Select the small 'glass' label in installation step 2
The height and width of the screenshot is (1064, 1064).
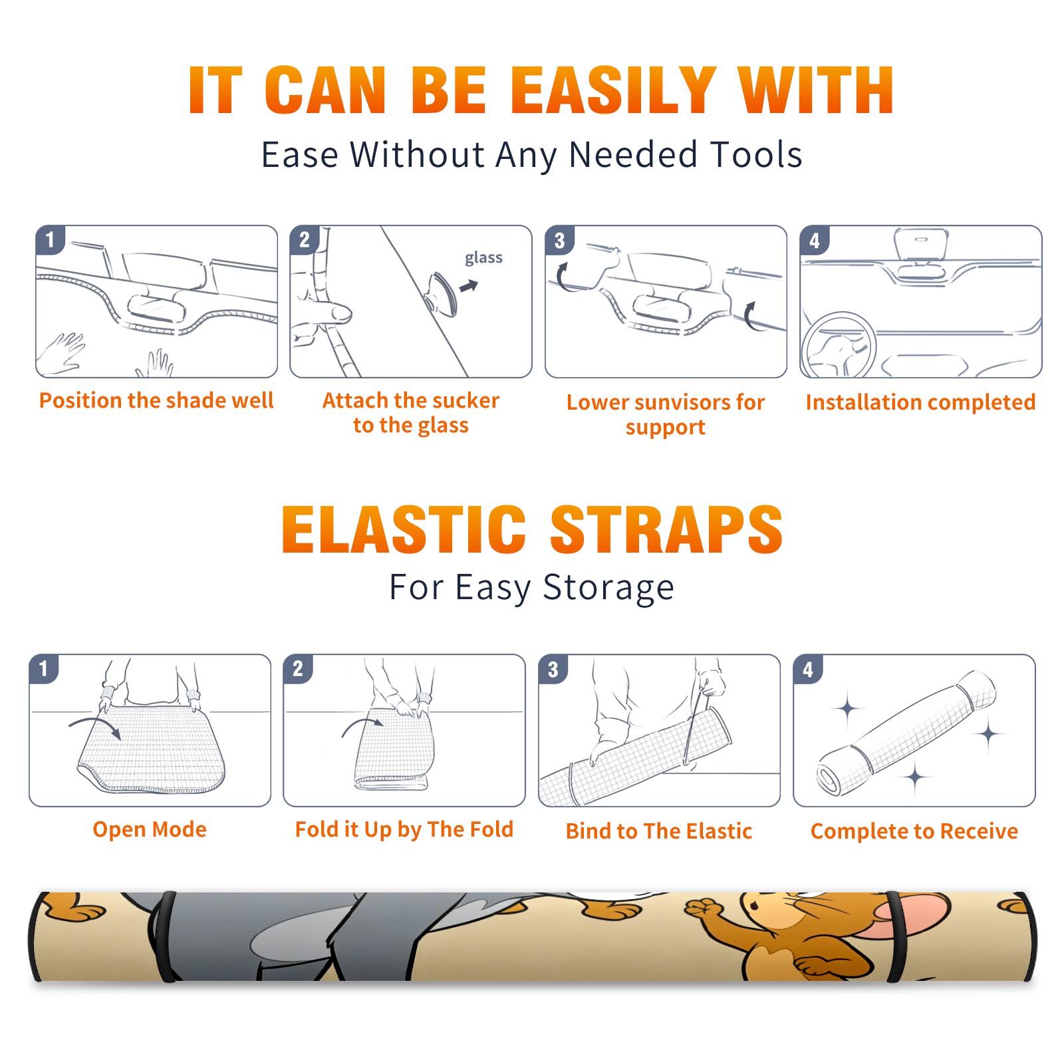coord(483,257)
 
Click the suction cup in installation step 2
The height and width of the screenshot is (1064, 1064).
coord(442,293)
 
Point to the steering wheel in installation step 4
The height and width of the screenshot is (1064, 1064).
coord(839,346)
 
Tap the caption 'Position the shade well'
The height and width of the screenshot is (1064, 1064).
coord(156,400)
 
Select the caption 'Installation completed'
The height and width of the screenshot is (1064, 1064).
coord(920,402)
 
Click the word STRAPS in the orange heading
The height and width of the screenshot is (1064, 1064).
coord(666,529)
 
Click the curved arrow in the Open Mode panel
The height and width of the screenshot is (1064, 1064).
coord(95,726)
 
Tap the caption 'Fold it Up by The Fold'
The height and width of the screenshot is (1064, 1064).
coord(404,829)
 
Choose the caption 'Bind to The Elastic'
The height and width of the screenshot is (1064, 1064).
coord(659,831)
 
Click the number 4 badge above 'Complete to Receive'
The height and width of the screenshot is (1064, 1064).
coord(808,669)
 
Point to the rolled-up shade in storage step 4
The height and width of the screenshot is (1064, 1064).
coord(906,733)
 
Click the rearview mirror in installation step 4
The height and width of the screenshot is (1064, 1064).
coord(920,244)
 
